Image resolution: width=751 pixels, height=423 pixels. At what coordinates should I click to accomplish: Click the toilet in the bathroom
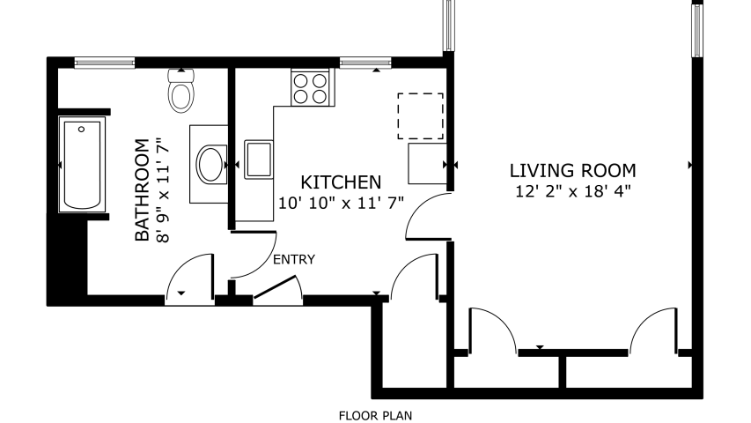pos(181,91)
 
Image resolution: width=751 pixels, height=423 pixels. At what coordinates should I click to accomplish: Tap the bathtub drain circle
pos(81,129)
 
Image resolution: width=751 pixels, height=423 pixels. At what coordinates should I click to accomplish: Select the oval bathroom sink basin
pos(211,165)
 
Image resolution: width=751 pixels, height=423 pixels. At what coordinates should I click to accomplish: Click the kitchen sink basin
pos(259,160)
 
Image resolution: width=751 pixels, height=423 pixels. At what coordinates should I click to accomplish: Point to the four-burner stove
pos(310,88)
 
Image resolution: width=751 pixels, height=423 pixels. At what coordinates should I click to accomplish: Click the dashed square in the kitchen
pos(420,116)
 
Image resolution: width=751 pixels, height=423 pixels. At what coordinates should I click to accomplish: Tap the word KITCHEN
pos(341,182)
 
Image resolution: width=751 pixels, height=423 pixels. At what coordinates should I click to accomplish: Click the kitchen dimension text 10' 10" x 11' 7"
pos(341,203)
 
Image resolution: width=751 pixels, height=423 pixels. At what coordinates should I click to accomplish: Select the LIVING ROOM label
pos(572,171)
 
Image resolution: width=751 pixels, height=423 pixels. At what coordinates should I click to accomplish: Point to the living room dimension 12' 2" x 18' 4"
pos(573,191)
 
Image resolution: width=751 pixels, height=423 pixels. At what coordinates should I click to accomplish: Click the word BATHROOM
pos(143,190)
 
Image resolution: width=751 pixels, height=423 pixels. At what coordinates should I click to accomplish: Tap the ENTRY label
pos(294,259)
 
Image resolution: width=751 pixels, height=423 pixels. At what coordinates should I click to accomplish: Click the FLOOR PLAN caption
pos(375,416)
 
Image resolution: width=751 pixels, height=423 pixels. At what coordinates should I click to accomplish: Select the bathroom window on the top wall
pos(105,63)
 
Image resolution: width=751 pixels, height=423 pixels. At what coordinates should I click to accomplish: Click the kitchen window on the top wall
pos(365,63)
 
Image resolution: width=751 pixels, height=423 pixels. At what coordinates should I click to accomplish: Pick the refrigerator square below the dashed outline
pos(427,164)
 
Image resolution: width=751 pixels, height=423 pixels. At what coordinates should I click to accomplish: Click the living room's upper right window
pos(697,30)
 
